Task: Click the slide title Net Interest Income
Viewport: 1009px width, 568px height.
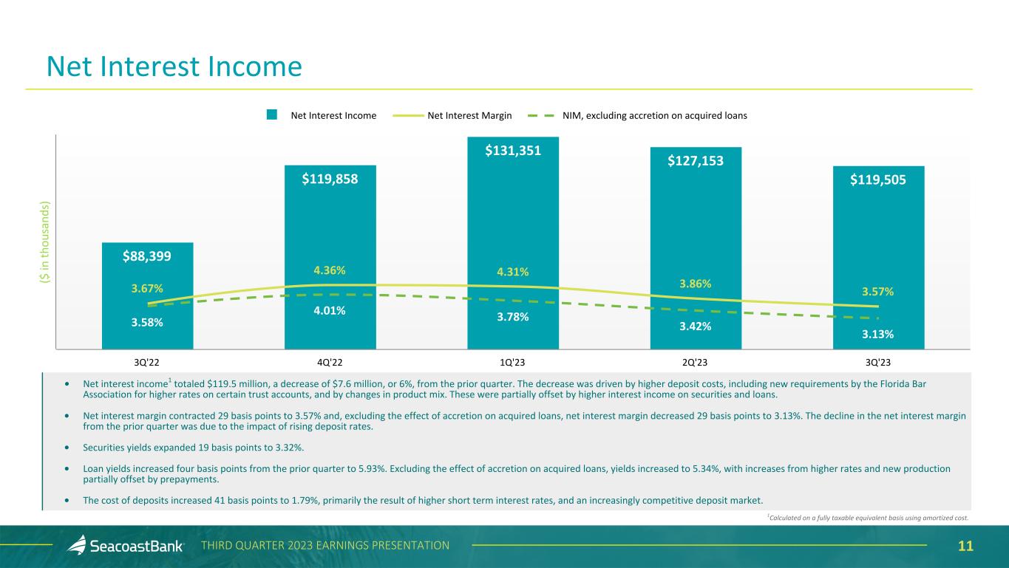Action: click(x=174, y=67)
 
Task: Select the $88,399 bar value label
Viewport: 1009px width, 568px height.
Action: click(x=147, y=256)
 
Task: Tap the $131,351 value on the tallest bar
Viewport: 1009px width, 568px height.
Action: click(x=513, y=151)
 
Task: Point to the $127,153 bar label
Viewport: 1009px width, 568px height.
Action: click(x=696, y=161)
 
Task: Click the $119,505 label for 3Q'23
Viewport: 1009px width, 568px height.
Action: click(x=878, y=179)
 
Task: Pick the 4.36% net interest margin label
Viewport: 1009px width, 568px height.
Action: click(x=330, y=270)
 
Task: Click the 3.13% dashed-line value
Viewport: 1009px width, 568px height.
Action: click(x=878, y=334)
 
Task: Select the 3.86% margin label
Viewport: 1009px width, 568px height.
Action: click(x=696, y=284)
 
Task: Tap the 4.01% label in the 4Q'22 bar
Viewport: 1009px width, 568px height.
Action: click(x=330, y=310)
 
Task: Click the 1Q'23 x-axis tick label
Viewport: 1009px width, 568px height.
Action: click(x=513, y=363)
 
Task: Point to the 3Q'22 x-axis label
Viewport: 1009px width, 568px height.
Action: click(x=147, y=363)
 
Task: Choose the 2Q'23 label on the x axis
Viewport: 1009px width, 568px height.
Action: click(x=696, y=363)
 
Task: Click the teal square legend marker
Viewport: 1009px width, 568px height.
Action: click(x=272, y=114)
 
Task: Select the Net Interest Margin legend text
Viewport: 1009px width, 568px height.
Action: click(x=469, y=115)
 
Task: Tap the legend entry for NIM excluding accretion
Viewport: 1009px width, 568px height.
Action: click(x=654, y=115)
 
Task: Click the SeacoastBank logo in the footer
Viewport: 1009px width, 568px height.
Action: click(x=125, y=546)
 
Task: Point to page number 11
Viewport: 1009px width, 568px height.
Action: click(x=965, y=547)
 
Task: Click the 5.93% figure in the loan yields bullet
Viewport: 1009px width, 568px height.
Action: click(x=376, y=468)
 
